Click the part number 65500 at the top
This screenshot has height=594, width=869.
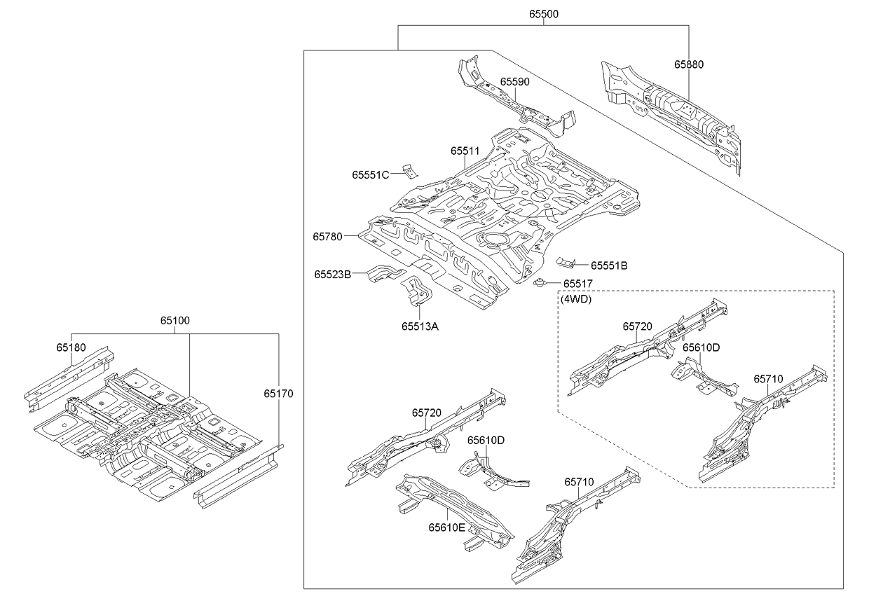pos(543,14)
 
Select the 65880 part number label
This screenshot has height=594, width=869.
pos(689,64)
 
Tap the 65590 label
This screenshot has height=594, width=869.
pos(514,81)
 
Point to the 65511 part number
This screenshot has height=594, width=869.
pos(465,151)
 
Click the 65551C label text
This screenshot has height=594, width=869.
pos(370,175)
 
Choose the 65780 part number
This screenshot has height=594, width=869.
pos(327,237)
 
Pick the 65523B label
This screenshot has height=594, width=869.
pos(332,275)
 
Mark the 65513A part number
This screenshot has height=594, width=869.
pos(420,326)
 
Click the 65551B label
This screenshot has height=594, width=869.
pos(608,265)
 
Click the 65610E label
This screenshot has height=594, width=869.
pos(446,527)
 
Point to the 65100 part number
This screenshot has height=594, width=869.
pos(175,320)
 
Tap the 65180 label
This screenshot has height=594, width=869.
pos(71,347)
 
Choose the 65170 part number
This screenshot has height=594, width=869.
pos(278,394)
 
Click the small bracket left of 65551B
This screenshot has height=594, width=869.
pos(566,263)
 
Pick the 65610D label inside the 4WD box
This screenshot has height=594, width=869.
pos(702,347)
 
